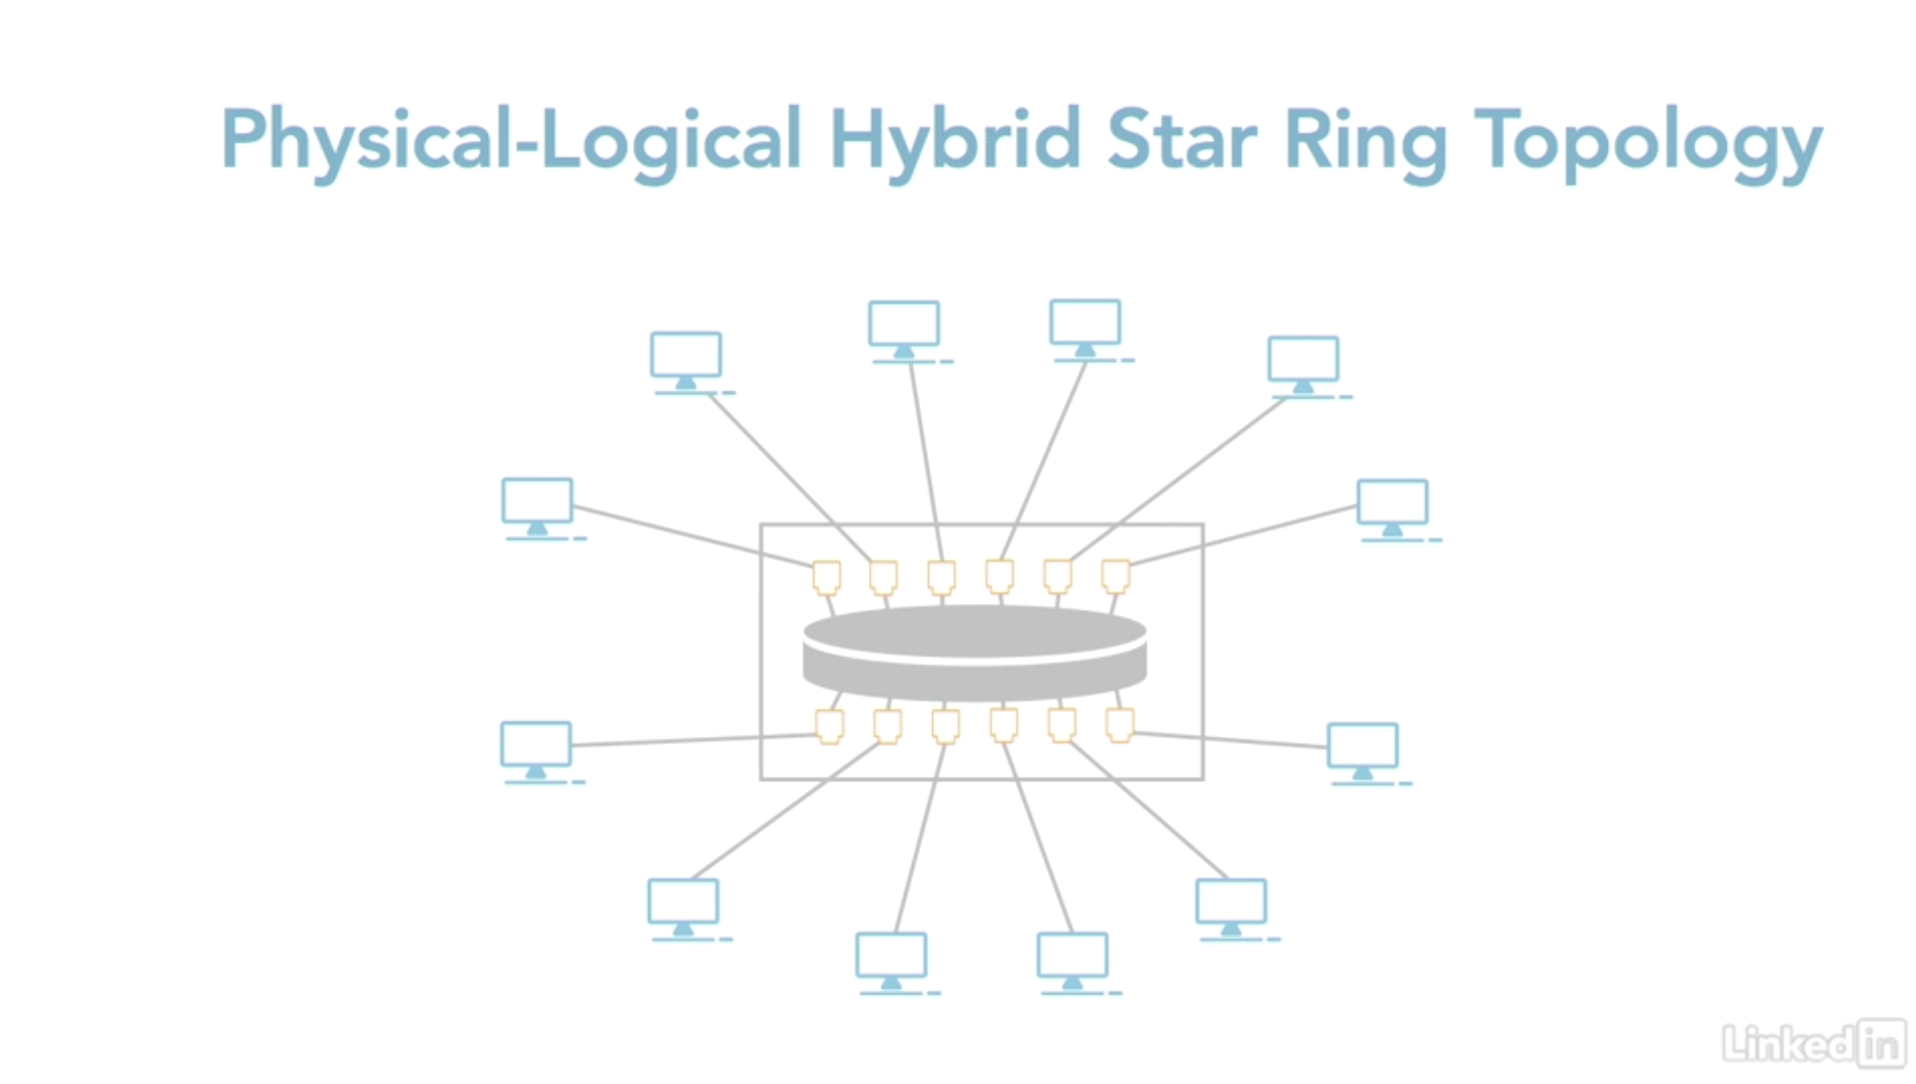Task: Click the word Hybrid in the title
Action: coord(954,140)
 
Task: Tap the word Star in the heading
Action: coord(1181,140)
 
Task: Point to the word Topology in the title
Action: coord(1647,142)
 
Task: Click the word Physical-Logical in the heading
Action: coord(511,140)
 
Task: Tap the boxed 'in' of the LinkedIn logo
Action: coord(1881,1044)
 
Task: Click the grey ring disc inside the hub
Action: coord(974,653)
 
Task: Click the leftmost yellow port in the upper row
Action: coord(826,577)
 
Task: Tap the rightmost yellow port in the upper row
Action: coord(1116,576)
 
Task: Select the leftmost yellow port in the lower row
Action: coord(830,726)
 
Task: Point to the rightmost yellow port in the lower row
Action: coord(1120,724)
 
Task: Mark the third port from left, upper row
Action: coord(941,577)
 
